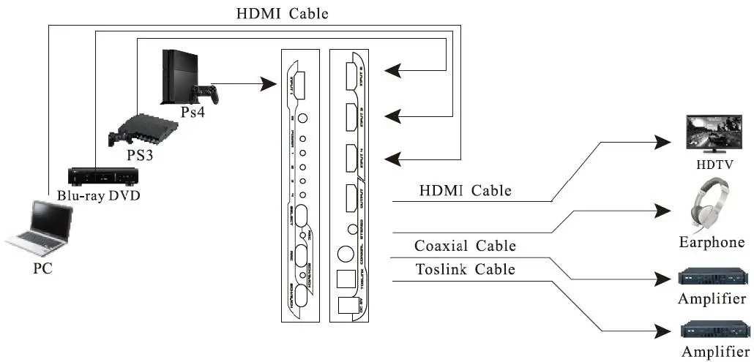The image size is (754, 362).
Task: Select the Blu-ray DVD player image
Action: [x=99, y=176]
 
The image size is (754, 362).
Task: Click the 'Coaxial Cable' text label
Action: [x=465, y=246]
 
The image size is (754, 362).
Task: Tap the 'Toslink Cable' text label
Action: [x=465, y=270]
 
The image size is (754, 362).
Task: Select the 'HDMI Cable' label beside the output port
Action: [x=465, y=191]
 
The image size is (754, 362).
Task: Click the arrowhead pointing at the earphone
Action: [x=668, y=211]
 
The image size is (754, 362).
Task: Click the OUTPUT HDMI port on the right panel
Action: [x=349, y=198]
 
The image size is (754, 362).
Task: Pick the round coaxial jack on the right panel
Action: [x=344, y=254]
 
